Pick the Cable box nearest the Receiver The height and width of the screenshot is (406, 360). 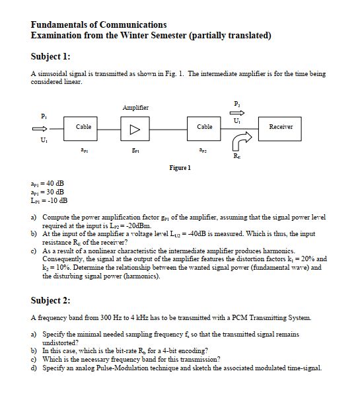tap(204, 126)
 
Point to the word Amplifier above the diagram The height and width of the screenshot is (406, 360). tap(135, 107)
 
